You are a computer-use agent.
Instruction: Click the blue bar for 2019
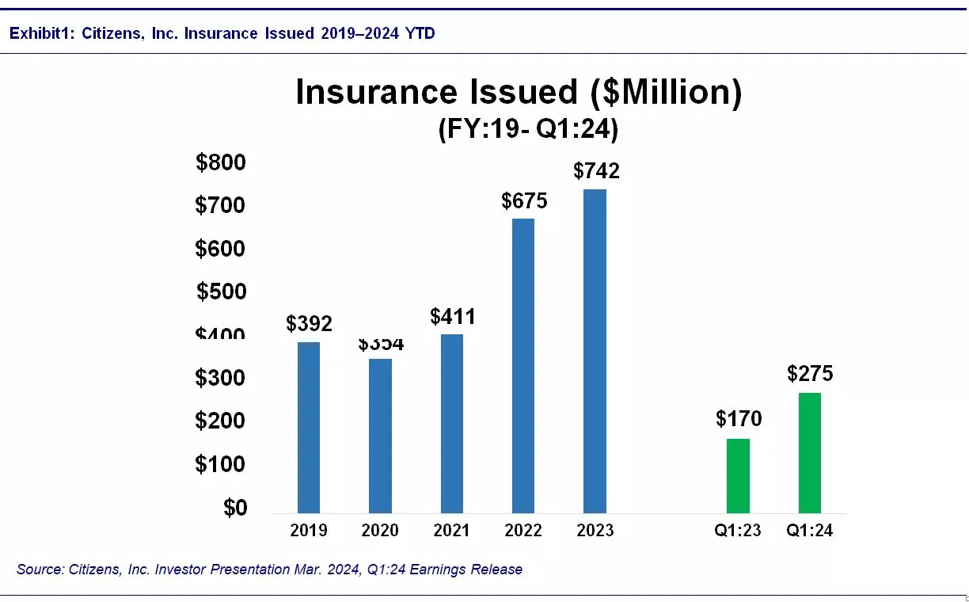point(309,428)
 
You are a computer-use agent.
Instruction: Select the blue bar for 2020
point(380,436)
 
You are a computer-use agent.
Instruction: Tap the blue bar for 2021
point(452,424)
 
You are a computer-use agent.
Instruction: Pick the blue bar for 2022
point(523,366)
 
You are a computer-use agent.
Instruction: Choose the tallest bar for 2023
point(595,351)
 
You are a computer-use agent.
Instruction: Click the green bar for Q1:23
point(738,475)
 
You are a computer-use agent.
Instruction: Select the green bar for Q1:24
point(809,453)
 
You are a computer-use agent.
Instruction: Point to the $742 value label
point(597,171)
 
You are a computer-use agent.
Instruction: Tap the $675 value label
point(524,201)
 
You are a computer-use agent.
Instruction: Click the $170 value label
point(739,419)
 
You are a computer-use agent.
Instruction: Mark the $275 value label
point(810,374)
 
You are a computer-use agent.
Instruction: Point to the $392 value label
point(310,324)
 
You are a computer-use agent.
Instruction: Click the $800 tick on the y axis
point(221,163)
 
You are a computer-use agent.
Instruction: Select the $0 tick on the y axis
point(234,508)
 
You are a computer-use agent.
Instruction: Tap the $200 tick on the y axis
point(221,421)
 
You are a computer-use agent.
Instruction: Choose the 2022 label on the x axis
point(523,531)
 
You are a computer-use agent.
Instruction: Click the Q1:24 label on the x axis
point(809,531)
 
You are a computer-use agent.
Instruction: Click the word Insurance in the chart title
point(377,93)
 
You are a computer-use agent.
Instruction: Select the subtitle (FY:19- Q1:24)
point(528,129)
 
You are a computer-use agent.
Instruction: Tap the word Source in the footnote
point(39,570)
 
